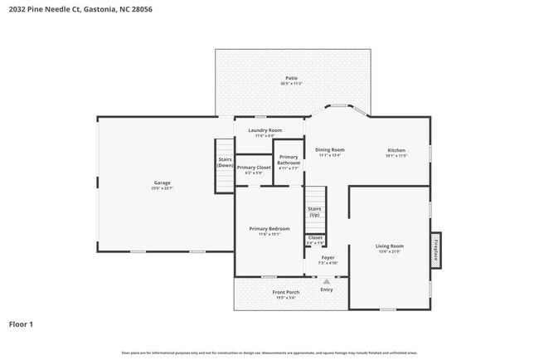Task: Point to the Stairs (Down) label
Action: pos(225,163)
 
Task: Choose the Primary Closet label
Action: pos(254,168)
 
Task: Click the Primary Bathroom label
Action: pos(289,161)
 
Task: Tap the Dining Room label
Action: pos(330,151)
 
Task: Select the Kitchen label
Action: pos(396,151)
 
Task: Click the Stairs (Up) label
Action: pos(314,212)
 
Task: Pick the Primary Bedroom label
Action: pos(269,230)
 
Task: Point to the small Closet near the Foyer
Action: pos(315,239)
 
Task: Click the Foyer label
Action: pos(328,258)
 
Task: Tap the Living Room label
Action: pos(389,247)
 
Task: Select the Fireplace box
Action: pos(435,250)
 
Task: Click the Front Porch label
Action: pos(286,293)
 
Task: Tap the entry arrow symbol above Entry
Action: pos(327,281)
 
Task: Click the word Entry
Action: pos(327,289)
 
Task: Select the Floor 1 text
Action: pos(21,324)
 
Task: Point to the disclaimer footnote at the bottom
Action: pos(269,353)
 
